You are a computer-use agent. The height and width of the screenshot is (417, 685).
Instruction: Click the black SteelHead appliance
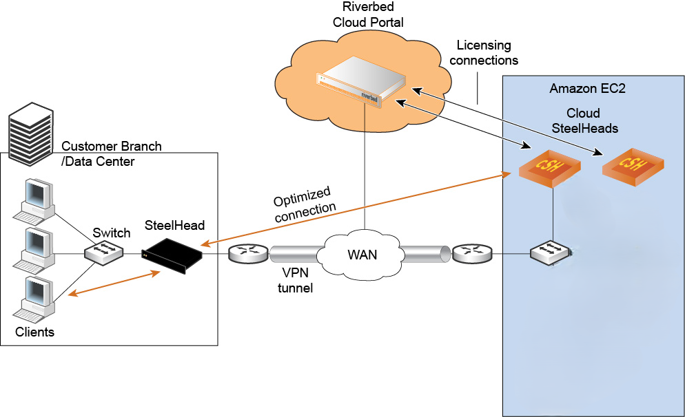[x=172, y=254]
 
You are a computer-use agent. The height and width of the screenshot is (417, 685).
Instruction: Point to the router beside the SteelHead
[x=247, y=254]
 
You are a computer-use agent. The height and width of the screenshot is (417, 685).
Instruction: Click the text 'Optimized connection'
[x=304, y=200]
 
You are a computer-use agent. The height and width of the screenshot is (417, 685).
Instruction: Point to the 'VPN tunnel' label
[x=295, y=281]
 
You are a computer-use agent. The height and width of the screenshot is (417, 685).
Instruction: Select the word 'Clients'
[x=34, y=332]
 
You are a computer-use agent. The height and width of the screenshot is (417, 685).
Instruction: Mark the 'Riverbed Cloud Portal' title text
[x=367, y=15]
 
